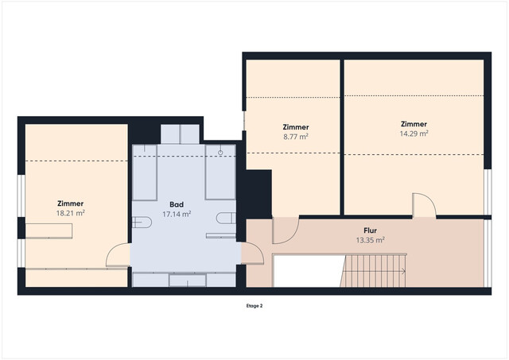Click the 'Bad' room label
pyautogui.click(x=176, y=204)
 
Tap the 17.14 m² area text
pyautogui.click(x=176, y=214)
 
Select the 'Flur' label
pyautogui.click(x=370, y=230)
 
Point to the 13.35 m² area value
pyautogui.click(x=370, y=239)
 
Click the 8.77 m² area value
pyautogui.click(x=296, y=137)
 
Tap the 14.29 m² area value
pyautogui.click(x=414, y=134)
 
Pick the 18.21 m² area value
pyautogui.click(x=71, y=213)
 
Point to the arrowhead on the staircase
pyautogui.click(x=406, y=270)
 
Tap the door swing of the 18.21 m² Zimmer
pyautogui.click(x=117, y=255)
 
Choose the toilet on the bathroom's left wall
pyautogui.click(x=142, y=220)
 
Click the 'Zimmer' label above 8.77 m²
pyautogui.click(x=296, y=127)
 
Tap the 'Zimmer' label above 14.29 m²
pyautogui.click(x=414, y=124)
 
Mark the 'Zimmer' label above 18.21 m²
pyautogui.click(x=71, y=203)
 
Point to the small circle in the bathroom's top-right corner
pyautogui.click(x=220, y=149)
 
